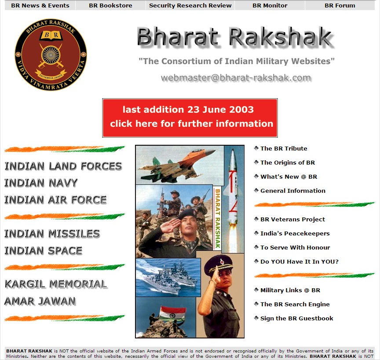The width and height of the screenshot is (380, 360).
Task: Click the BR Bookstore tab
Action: [110, 6]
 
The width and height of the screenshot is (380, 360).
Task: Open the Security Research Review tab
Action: [190, 6]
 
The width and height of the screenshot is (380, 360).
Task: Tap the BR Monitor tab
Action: [270, 6]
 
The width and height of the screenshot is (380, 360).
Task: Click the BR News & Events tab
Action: [40, 6]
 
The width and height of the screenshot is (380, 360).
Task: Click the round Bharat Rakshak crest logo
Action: [51, 55]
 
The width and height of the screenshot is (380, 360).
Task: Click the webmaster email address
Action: [236, 78]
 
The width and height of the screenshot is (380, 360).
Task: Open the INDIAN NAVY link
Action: [41, 183]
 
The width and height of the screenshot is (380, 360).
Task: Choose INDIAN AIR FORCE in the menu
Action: [55, 200]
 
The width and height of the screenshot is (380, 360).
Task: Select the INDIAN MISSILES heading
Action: [52, 234]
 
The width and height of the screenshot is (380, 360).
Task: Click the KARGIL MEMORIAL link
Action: [55, 284]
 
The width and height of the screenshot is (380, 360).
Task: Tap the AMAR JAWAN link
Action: [40, 301]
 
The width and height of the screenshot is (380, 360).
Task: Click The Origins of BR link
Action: [287, 162]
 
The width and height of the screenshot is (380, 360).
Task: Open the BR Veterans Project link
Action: [292, 219]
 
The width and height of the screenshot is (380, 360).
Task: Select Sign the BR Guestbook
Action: [296, 318]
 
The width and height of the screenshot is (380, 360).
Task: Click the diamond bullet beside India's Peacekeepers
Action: [256, 233]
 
